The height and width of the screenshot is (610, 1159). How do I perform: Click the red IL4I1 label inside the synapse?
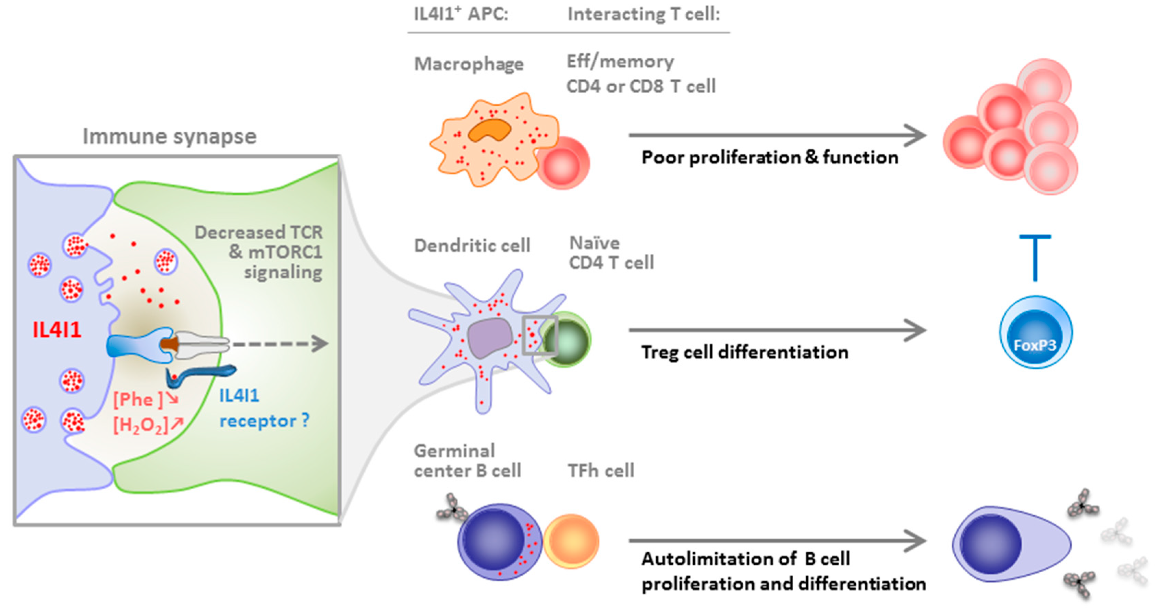pos(57,330)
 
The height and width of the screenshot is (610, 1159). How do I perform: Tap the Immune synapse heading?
pos(169,136)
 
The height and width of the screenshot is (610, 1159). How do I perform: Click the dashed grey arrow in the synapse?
pos(279,344)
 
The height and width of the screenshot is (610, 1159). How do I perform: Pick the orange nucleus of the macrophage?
pos(489,130)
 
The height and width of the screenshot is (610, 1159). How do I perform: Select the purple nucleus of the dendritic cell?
pos(489,338)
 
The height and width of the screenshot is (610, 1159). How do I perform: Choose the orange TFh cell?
pos(571,541)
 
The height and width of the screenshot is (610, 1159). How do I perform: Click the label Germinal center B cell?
pos(467,461)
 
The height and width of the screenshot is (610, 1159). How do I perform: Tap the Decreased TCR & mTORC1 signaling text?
pos(270,252)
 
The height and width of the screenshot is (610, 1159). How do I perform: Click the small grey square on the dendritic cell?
pos(539,335)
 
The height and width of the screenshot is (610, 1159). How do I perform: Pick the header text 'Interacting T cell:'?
pos(643,14)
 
